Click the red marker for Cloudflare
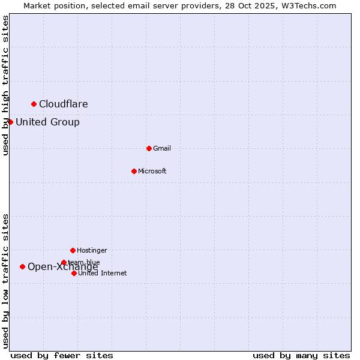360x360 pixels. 34,104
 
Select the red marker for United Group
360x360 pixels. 10,122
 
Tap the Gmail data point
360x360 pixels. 149,148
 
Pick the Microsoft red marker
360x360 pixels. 134,171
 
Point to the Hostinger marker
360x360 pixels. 73,250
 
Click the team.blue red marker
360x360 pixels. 64,262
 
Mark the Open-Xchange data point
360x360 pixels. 22,266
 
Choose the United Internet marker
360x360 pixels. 74,273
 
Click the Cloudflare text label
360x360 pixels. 64,104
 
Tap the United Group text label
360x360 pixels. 47,122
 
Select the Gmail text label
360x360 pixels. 162,149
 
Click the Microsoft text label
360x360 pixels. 152,172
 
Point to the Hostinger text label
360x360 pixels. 92,251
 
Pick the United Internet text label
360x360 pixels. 103,274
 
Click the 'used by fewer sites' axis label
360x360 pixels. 62,355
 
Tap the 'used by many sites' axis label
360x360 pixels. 301,355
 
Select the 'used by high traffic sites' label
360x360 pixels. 5,85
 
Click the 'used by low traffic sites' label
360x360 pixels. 5,281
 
